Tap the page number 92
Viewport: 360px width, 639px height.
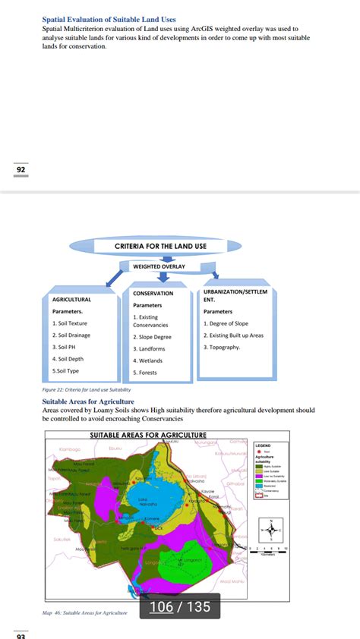tap(21, 169)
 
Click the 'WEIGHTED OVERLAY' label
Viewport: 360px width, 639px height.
tap(159, 266)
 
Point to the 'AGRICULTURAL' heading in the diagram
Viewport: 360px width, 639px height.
tap(71, 300)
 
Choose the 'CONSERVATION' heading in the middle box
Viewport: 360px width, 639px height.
tap(153, 293)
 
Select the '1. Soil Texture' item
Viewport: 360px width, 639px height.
tap(70, 323)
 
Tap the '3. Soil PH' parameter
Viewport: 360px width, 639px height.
tap(64, 347)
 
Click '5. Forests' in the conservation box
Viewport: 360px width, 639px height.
tap(146, 373)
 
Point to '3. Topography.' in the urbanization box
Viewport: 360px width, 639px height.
tap(222, 347)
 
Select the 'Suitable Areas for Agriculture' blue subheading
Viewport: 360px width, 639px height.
tap(88, 401)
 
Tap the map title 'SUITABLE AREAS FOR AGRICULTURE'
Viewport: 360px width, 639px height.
tap(148, 436)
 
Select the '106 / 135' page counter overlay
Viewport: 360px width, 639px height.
tap(179, 606)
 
